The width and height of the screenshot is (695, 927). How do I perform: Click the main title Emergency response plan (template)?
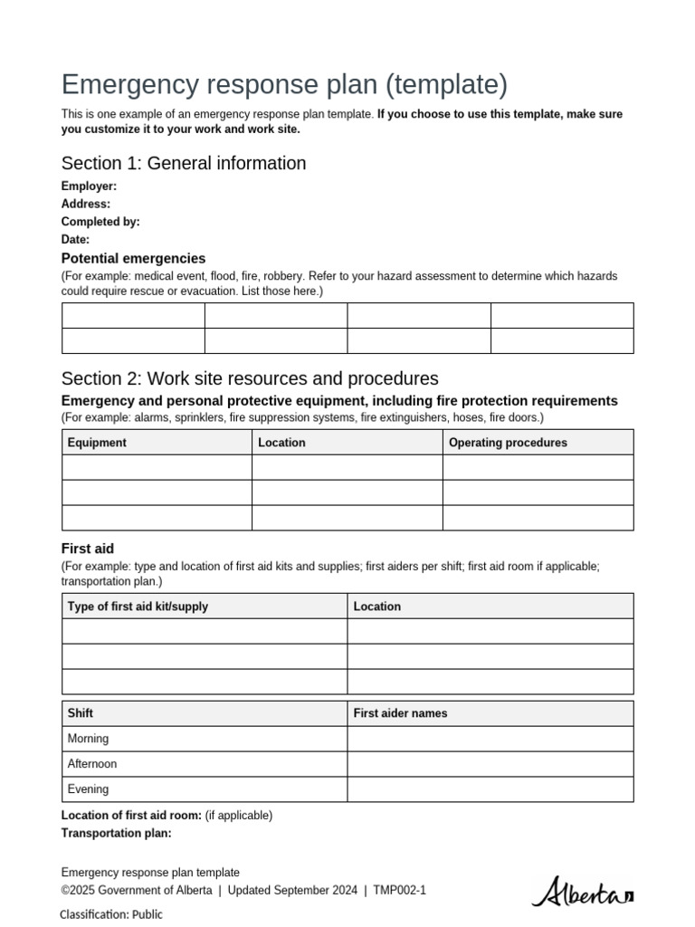(284, 84)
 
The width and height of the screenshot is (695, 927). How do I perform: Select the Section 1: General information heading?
(184, 163)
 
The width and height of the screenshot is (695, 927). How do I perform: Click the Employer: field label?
(89, 186)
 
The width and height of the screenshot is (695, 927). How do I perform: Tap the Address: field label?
(86, 204)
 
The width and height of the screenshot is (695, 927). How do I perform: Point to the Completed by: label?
(100, 222)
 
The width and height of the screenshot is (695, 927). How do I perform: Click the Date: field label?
(75, 240)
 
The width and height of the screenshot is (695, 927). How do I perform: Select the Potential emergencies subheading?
(133, 259)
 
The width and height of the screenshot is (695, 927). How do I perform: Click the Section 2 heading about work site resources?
(250, 378)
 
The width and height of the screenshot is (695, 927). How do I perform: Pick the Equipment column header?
(97, 443)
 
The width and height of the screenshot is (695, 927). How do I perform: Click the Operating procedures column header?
(508, 443)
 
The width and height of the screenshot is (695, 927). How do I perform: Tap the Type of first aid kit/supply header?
(138, 607)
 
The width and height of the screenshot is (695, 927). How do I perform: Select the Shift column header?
(81, 713)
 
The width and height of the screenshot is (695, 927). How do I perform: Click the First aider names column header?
(400, 713)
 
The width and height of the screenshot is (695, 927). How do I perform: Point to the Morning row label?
(88, 739)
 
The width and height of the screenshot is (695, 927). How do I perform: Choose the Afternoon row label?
(92, 764)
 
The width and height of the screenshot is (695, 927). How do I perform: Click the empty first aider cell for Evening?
(490, 789)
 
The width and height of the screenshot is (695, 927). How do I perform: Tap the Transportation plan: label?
(116, 834)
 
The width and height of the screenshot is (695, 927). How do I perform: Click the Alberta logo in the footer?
(582, 893)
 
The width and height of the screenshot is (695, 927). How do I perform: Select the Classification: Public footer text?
(111, 914)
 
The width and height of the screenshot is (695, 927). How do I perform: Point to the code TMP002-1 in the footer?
(399, 891)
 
